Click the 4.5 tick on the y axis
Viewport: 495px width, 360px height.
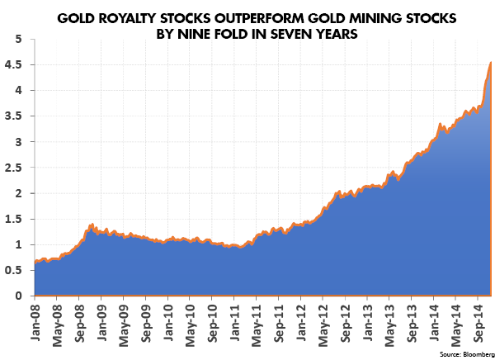click(13, 64)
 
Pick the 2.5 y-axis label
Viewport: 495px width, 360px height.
click(13, 168)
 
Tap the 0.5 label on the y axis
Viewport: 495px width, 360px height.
click(13, 270)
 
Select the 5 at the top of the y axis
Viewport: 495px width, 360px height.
click(19, 39)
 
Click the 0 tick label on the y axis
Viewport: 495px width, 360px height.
click(19, 296)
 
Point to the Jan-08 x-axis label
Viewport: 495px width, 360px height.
click(35, 323)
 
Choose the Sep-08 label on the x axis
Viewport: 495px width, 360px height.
click(80, 324)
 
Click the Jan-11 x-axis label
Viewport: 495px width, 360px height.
click(235, 323)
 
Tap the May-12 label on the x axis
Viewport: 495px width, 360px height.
click(324, 325)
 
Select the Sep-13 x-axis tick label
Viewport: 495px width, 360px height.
click(412, 324)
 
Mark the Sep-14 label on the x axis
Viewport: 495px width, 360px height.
click(478, 324)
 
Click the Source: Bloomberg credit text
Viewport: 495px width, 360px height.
click(467, 354)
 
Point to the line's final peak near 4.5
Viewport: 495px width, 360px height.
click(490, 62)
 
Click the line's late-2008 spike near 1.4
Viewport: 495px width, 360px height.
click(92, 225)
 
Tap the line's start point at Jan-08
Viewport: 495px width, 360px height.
click(35, 262)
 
